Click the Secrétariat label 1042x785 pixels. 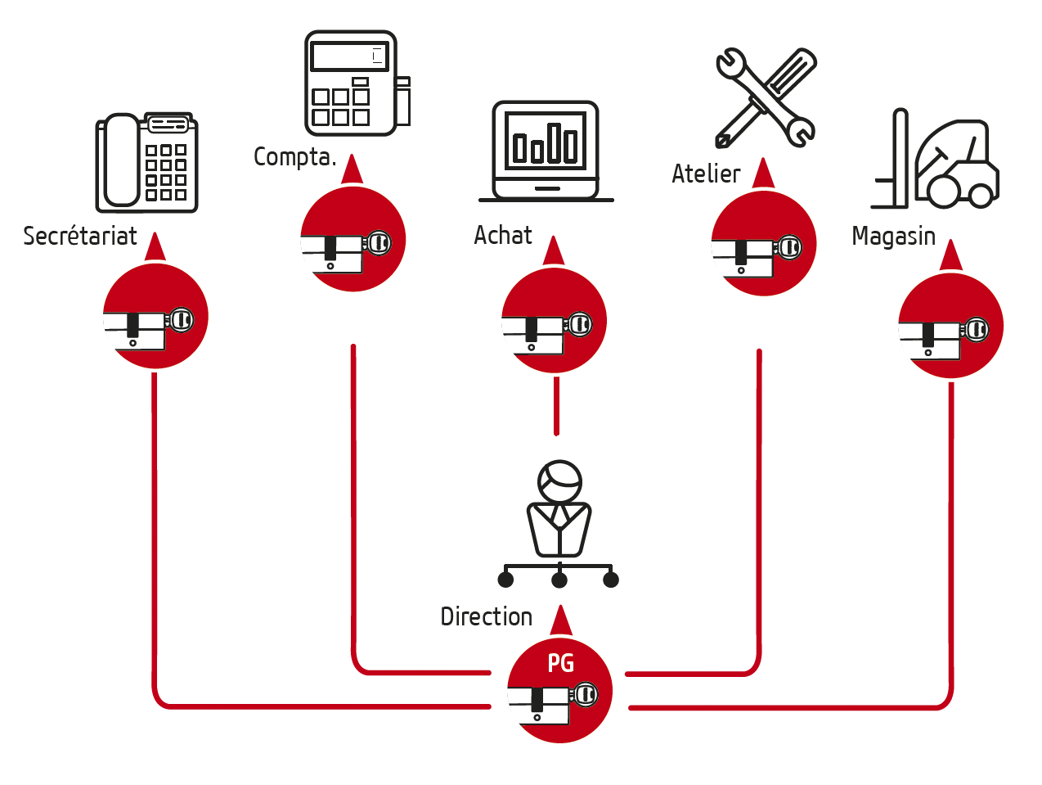(80, 237)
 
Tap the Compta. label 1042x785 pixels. (294, 156)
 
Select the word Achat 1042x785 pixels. (503, 236)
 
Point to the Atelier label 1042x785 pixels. (706, 174)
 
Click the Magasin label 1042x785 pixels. (893, 237)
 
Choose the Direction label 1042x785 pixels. (486, 616)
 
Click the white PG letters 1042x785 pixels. (561, 663)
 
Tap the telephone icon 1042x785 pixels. (147, 163)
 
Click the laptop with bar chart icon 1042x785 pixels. (546, 151)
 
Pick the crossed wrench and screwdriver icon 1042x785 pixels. (766, 98)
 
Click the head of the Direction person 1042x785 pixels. (559, 480)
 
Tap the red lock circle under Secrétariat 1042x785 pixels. (155, 316)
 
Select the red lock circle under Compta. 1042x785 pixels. (353, 239)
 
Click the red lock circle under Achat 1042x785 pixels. (554, 321)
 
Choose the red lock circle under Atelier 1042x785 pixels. (764, 243)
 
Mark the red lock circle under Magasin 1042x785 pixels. (950, 326)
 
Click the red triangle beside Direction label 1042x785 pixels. (561, 621)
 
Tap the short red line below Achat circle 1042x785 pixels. (556, 405)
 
